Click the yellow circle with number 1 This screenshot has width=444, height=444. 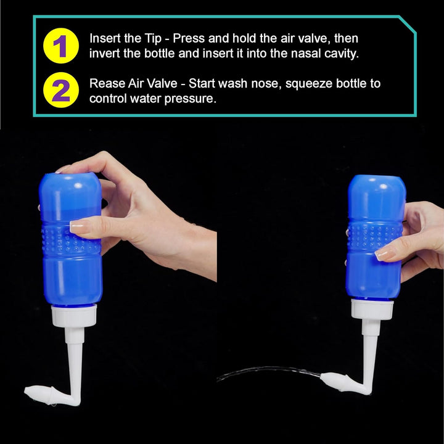61,46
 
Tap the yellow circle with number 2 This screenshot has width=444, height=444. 61,91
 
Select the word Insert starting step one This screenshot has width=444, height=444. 104,38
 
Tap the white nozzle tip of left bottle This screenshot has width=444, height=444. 37,390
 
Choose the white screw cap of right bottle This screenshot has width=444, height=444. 370,309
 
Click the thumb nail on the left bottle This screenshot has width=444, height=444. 80,227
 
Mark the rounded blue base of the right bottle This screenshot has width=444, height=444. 374,185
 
